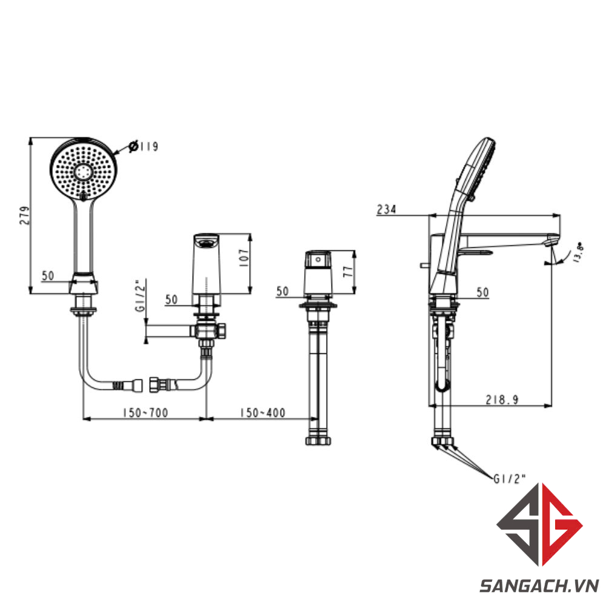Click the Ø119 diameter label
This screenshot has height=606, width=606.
144,146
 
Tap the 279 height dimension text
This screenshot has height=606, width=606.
24,215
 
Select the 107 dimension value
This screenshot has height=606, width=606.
244,258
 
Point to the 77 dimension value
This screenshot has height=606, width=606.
348,270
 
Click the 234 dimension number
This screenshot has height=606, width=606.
387,209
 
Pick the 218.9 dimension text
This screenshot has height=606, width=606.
502,399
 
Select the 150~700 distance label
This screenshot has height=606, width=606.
145,412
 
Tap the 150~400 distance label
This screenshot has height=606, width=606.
262,412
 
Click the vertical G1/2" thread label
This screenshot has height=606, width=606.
141,295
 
